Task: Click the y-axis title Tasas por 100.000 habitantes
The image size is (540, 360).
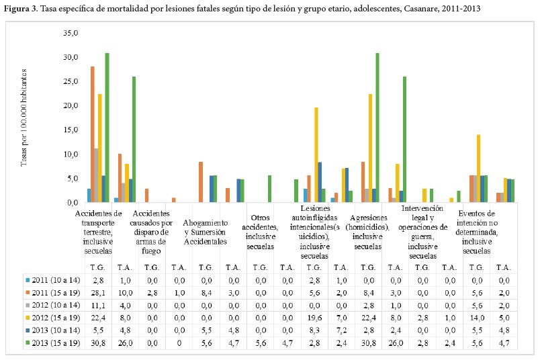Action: (x=25, y=118)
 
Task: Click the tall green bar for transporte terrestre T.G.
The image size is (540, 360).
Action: (x=107, y=128)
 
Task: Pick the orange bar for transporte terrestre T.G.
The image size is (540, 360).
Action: (x=93, y=134)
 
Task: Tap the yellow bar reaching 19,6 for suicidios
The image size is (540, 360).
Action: (x=316, y=155)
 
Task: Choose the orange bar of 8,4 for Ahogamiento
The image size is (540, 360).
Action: (x=201, y=182)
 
